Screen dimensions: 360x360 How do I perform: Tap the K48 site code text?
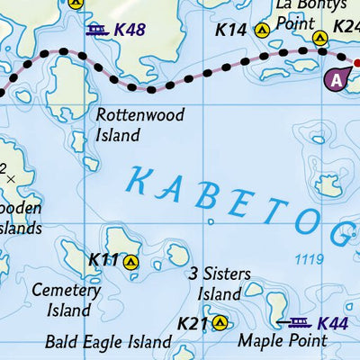[130, 30]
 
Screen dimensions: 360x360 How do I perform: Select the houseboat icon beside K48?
[98, 30]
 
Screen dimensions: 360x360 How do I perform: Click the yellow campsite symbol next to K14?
[263, 30]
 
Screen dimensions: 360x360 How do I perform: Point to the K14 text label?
[230, 30]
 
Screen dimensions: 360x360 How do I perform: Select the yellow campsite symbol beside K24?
[319, 38]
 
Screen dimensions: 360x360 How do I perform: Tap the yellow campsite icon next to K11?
[131, 263]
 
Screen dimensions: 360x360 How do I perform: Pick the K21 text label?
[192, 323]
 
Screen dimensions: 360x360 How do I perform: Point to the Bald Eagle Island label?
[108, 343]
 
